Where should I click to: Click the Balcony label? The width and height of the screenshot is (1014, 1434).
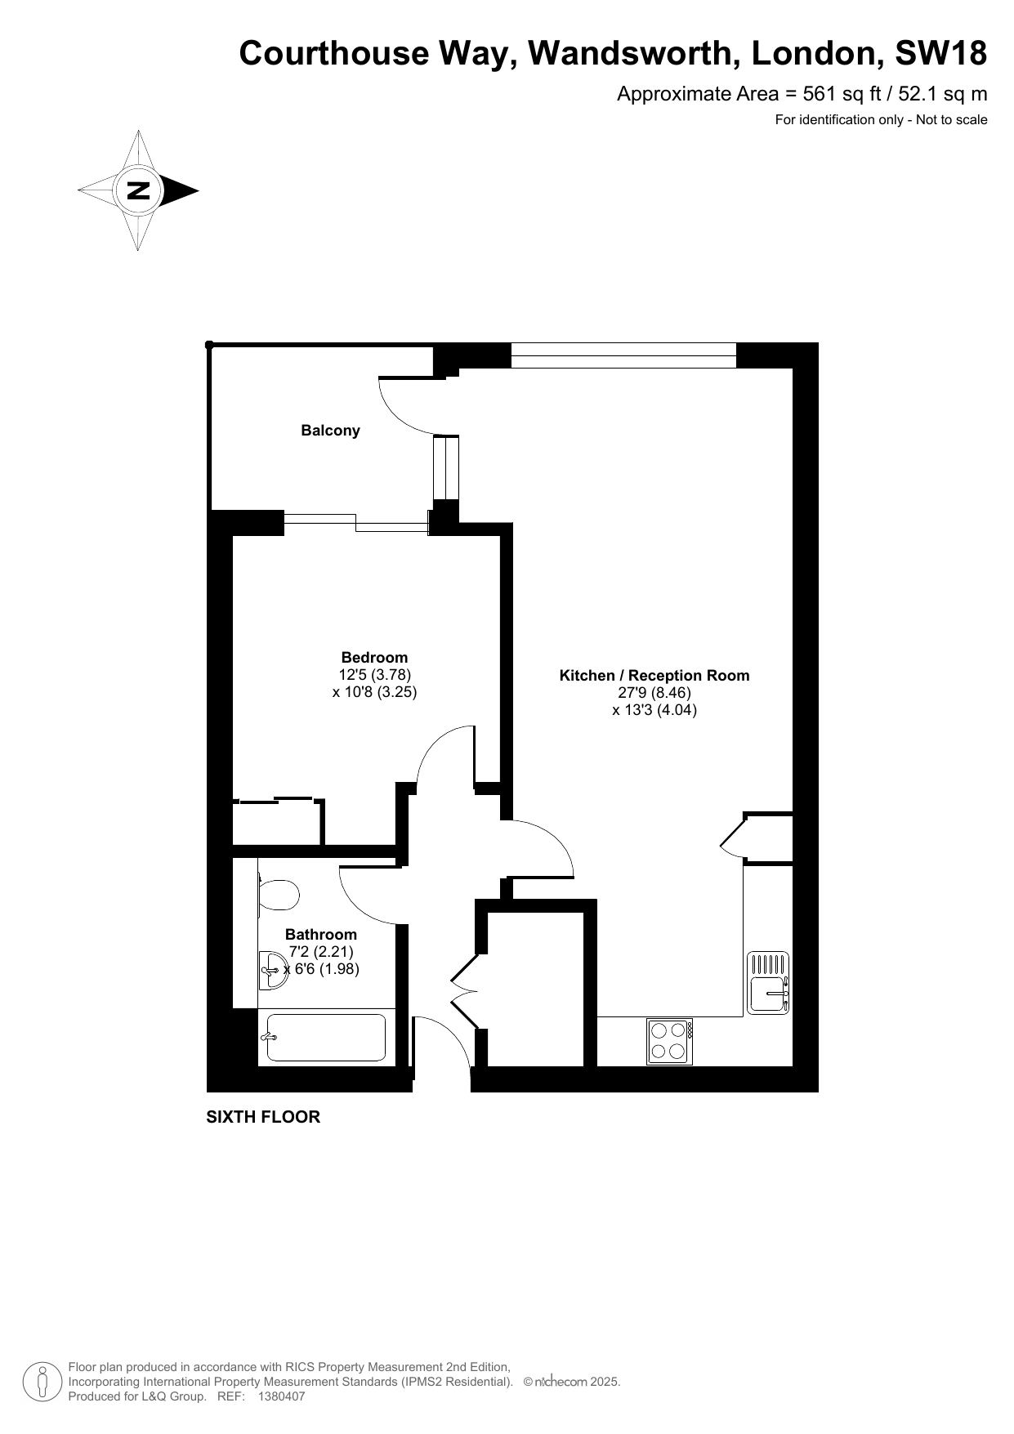(x=330, y=431)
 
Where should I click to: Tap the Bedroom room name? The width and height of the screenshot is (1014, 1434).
(x=374, y=658)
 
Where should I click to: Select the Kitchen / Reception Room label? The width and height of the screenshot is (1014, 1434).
(x=654, y=676)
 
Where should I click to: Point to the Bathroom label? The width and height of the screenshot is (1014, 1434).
(x=321, y=934)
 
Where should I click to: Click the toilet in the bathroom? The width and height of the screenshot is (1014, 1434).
(x=277, y=895)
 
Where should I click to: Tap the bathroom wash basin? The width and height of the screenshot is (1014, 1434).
(x=272, y=970)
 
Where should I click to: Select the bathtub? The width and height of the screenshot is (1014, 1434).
(x=323, y=1038)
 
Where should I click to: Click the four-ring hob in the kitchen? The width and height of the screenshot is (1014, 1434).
(x=669, y=1041)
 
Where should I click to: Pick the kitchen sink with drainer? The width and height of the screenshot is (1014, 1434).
(x=769, y=983)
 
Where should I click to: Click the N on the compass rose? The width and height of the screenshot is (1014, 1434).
(x=138, y=190)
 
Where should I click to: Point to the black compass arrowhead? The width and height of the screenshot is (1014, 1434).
(x=181, y=190)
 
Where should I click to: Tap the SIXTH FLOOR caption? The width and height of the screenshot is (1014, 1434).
(x=263, y=1117)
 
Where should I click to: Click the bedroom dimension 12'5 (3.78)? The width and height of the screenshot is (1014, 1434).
(x=374, y=675)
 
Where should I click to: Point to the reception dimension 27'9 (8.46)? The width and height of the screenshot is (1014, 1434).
(x=654, y=693)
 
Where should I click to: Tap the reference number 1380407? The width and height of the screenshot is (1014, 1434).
(x=281, y=1396)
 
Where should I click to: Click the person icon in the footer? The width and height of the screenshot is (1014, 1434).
(x=42, y=1381)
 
